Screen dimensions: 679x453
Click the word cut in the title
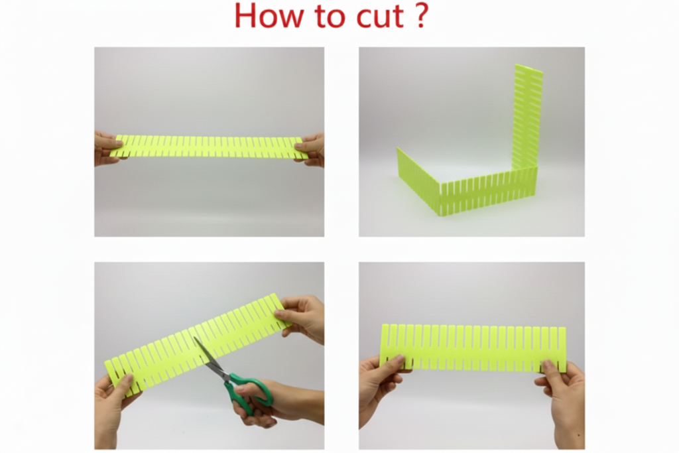[380, 17]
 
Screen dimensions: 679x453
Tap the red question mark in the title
[420, 16]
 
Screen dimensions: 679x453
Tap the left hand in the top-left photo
[106, 148]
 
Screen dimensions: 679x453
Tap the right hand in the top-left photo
[310, 149]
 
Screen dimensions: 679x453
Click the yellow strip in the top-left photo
[209, 147]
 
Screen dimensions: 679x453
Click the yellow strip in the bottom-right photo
[473, 348]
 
